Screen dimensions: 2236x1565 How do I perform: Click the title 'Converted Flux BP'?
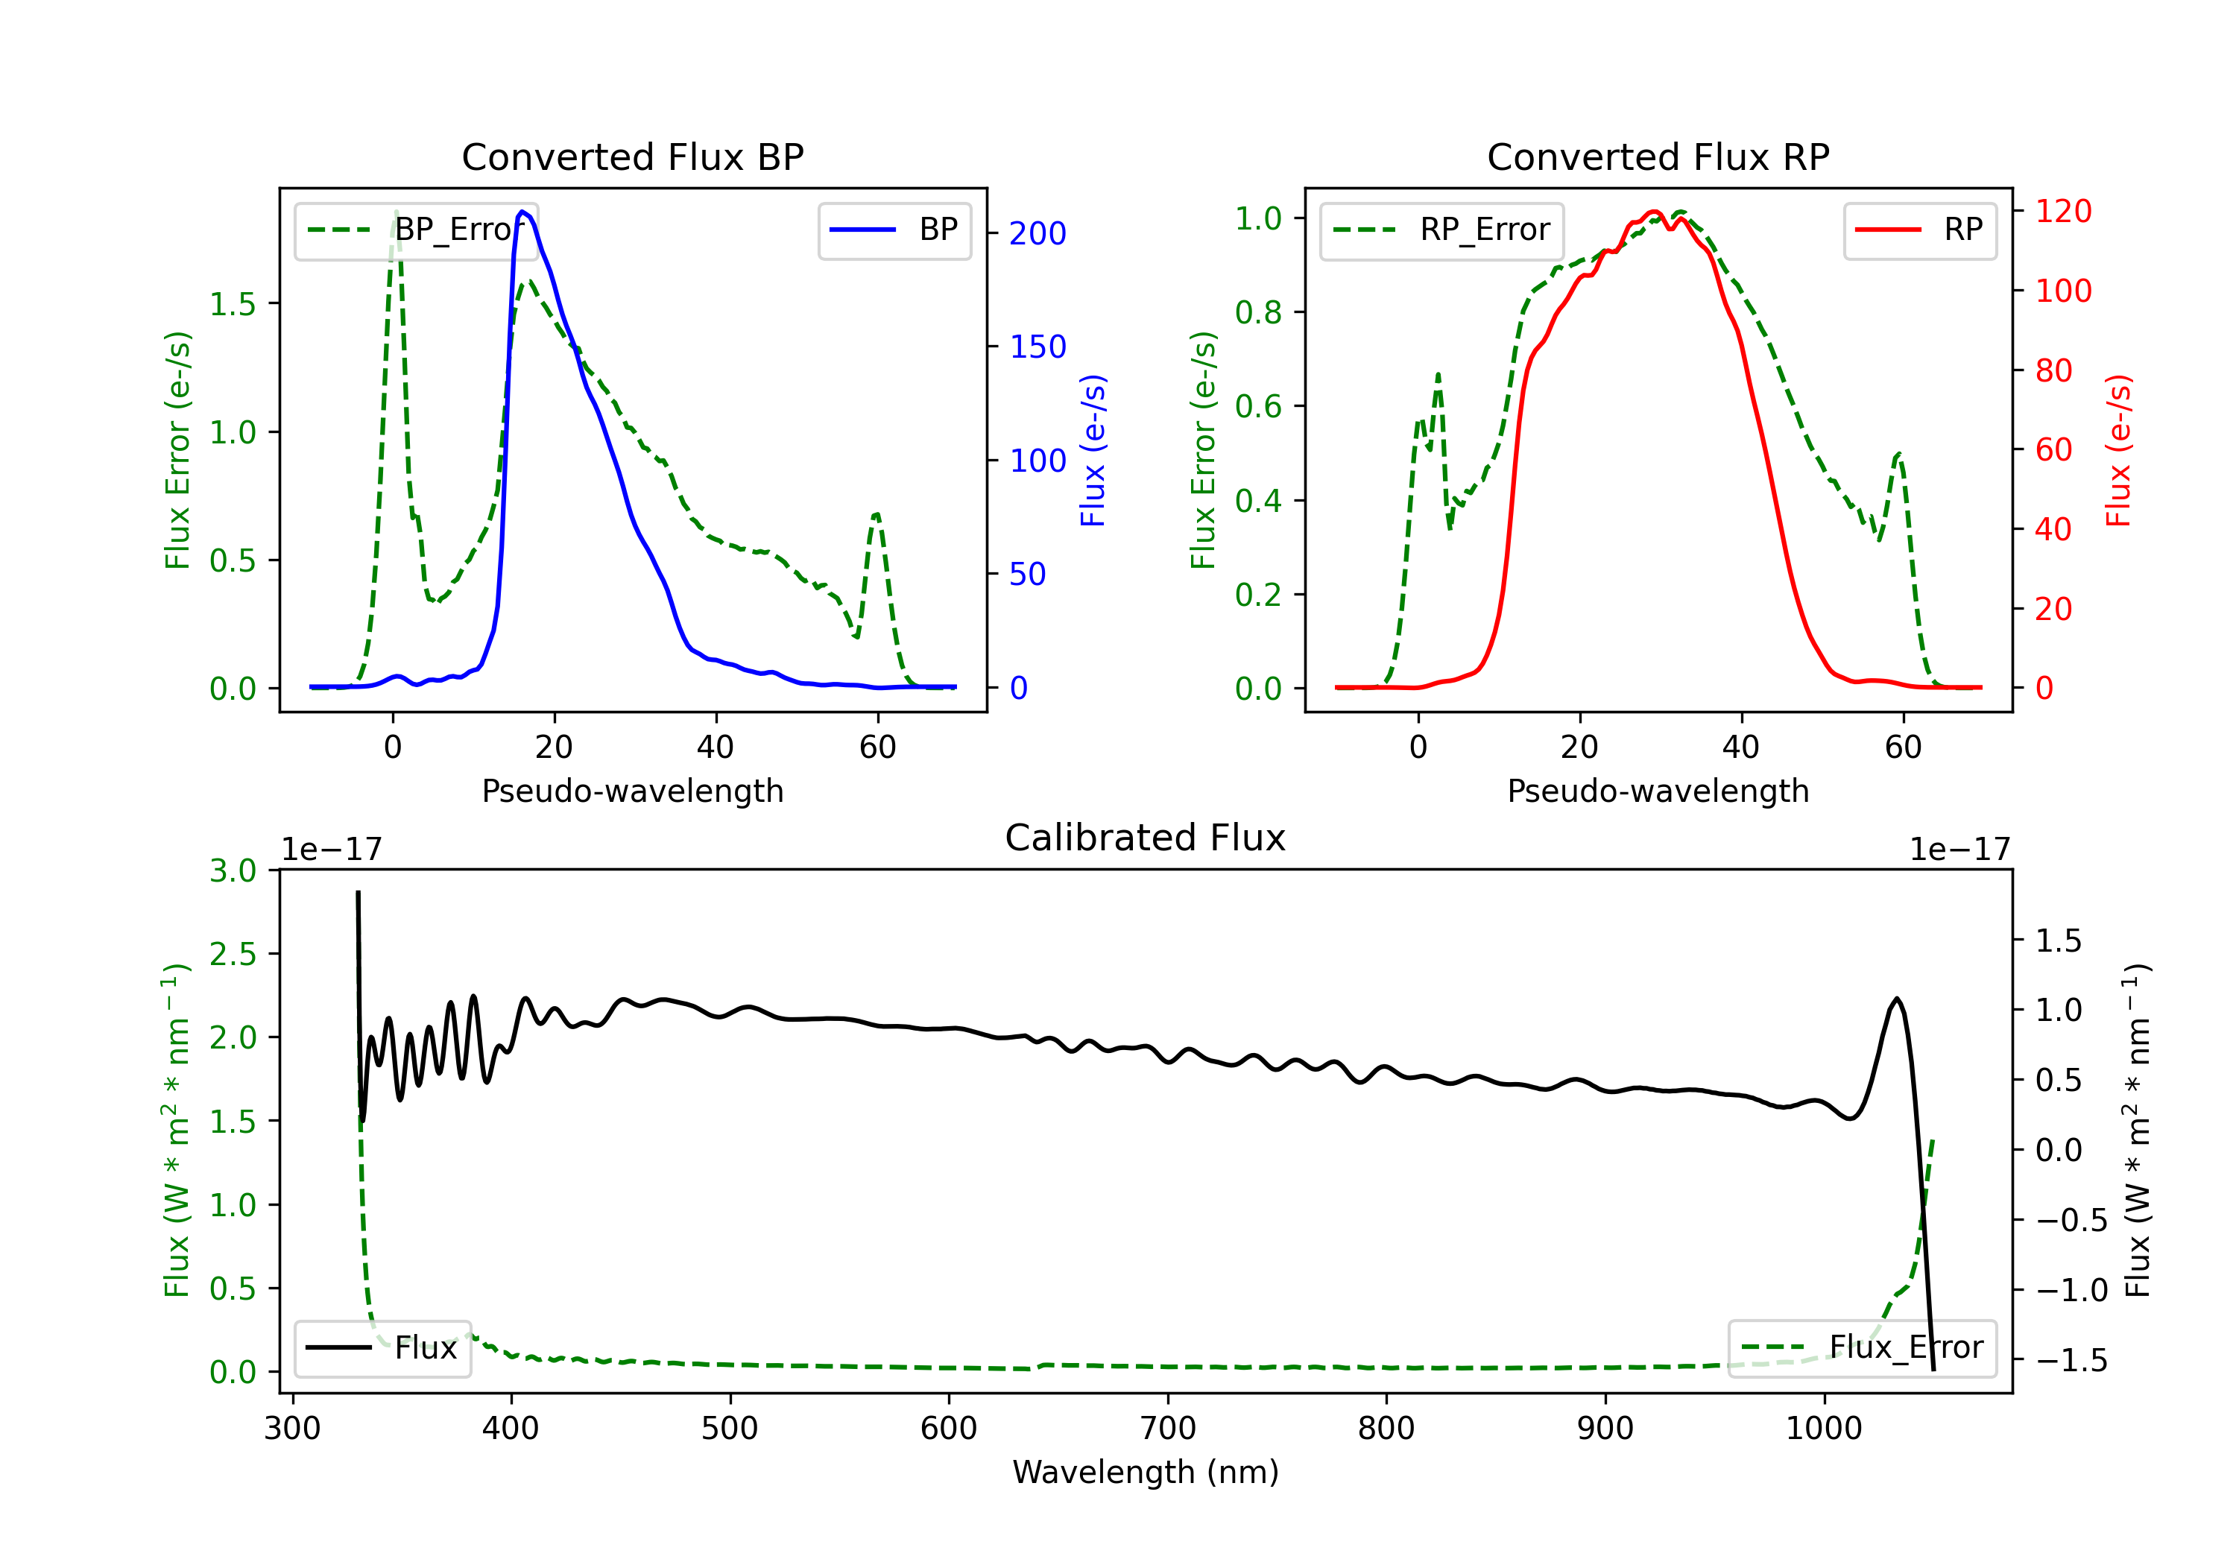[x=632, y=156]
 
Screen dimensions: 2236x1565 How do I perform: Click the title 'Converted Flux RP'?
[x=1658, y=156]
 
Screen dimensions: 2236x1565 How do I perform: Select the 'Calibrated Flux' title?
[x=1146, y=838]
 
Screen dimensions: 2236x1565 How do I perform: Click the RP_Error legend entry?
[x=1441, y=230]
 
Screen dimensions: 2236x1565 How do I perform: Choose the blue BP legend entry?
[x=894, y=230]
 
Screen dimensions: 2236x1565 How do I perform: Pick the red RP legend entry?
[x=1919, y=230]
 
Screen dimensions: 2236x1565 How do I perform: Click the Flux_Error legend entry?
[x=1862, y=1348]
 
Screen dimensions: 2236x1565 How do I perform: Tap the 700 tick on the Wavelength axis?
[x=1168, y=1429]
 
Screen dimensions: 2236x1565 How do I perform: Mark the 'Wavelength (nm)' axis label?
[x=1146, y=1473]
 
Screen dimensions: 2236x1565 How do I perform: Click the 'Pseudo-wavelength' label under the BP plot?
[x=632, y=791]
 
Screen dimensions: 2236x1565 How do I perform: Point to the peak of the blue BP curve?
[x=523, y=212]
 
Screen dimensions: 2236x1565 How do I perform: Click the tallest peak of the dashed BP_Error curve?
[x=395, y=212]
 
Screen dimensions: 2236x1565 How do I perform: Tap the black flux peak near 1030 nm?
[x=1896, y=999]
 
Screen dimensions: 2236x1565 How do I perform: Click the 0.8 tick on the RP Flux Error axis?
[x=1258, y=312]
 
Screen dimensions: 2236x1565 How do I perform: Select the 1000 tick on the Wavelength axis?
[x=1824, y=1429]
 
